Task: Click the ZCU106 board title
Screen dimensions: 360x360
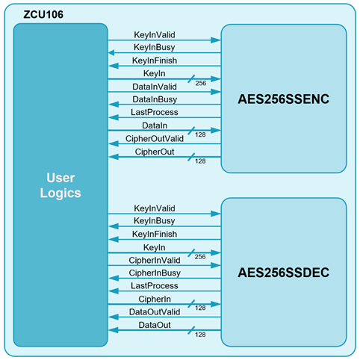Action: tap(43, 14)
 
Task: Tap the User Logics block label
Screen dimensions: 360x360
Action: tap(60, 185)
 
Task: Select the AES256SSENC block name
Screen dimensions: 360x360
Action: tap(284, 99)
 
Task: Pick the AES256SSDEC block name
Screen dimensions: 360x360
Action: tap(284, 273)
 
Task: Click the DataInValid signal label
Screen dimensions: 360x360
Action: tap(155, 87)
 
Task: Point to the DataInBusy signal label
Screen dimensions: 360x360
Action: tap(155, 99)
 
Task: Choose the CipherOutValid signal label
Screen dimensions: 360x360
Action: tap(155, 139)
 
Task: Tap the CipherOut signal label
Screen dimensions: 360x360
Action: tap(155, 152)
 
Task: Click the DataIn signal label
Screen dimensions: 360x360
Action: tap(155, 125)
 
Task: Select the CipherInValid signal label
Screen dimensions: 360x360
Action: tap(155, 260)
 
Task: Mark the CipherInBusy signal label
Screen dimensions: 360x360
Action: tap(155, 273)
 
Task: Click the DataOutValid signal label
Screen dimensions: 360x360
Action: tap(155, 312)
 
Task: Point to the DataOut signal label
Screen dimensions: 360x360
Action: tap(155, 325)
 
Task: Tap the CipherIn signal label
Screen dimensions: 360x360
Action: tap(155, 299)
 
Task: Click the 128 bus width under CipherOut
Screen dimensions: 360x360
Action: tap(200, 161)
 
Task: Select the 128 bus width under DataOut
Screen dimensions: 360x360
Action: tap(200, 335)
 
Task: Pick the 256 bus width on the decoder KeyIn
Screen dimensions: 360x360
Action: tap(200, 257)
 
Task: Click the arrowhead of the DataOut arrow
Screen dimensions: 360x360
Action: tap(114, 330)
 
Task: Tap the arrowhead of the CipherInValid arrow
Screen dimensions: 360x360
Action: tap(216, 265)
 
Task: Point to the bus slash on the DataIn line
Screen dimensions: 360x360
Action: tap(191, 131)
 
